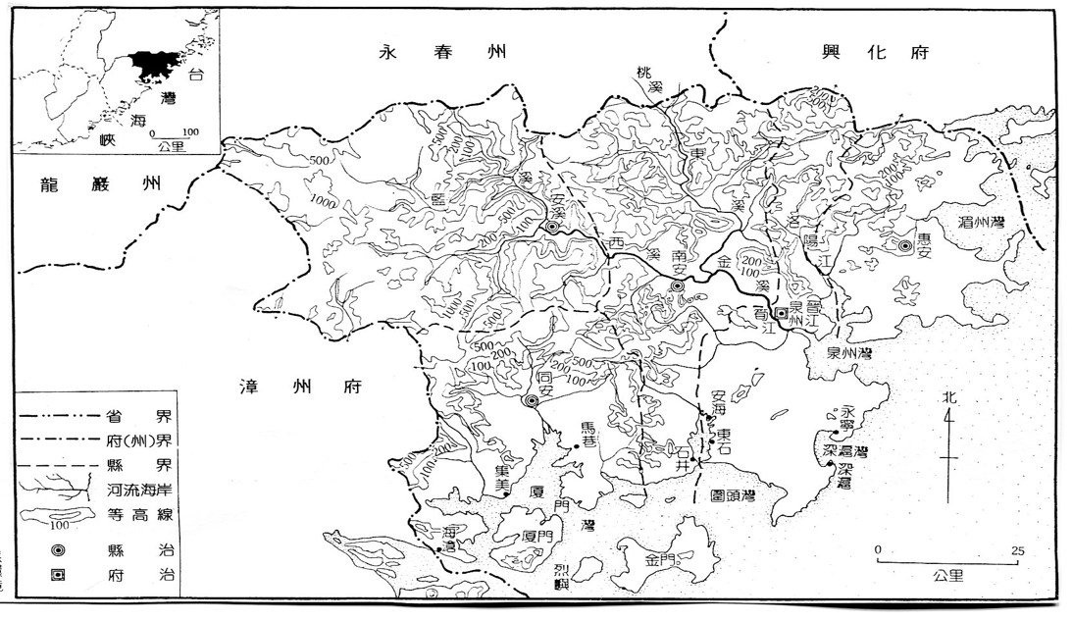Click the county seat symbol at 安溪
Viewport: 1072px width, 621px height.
coord(553,227)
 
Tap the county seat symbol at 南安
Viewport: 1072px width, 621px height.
coord(676,285)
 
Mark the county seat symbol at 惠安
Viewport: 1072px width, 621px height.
coord(902,247)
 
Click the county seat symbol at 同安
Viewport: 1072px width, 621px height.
coord(532,400)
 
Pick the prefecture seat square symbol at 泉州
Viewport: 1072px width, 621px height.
coord(781,313)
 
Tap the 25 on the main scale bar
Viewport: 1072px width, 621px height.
coord(1017,550)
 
